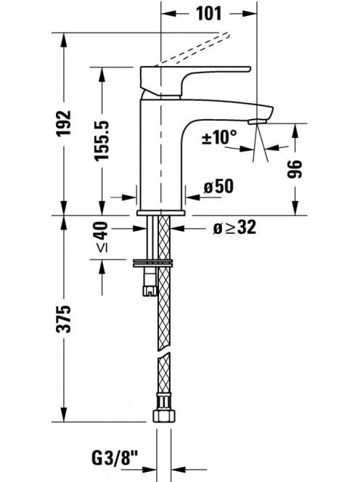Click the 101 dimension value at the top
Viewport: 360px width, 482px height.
coord(208,14)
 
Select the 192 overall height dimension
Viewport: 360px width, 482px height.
coord(64,123)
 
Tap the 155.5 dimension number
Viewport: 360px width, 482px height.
coord(102,140)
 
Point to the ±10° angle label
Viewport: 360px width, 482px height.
coord(219,137)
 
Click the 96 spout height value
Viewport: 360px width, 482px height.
coord(295,168)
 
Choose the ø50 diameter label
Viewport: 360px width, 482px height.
coord(218,187)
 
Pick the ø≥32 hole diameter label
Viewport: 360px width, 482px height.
coord(234,228)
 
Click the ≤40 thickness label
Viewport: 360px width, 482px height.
coord(102,237)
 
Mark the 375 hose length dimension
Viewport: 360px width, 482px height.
coord(64,319)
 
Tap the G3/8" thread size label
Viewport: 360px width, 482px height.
coord(115,459)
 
